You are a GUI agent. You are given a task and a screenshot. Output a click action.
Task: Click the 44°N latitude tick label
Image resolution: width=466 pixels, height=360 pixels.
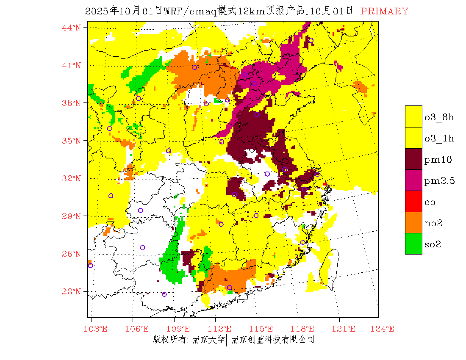tap(71, 28)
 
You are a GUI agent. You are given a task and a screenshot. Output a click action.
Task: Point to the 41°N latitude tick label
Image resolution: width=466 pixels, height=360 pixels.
tap(71, 65)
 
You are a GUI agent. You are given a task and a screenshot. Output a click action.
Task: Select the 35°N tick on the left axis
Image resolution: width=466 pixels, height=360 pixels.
tap(71, 141)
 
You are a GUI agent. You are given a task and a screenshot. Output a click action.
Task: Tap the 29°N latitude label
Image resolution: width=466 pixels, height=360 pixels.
tap(71, 216)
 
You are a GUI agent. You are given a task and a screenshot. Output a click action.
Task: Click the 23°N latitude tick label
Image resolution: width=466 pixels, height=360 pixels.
tap(71, 291)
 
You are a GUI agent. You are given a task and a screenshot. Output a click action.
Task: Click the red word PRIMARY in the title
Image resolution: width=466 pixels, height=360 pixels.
tap(384, 11)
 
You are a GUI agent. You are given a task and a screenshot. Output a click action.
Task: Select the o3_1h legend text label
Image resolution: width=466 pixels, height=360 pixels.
tap(439, 138)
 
